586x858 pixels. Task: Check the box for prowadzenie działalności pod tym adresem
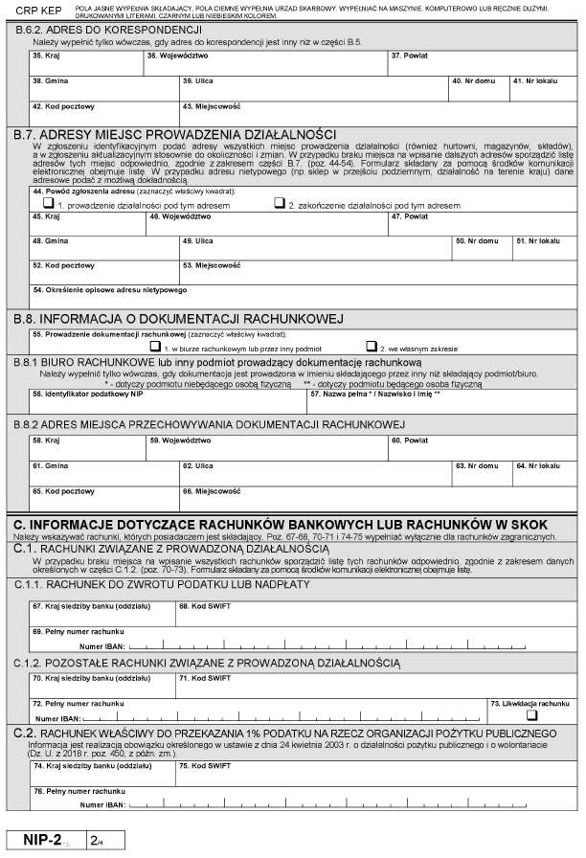pyautogui.click(x=50, y=203)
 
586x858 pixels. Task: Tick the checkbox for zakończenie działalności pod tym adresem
pyautogui.click(x=280, y=203)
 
